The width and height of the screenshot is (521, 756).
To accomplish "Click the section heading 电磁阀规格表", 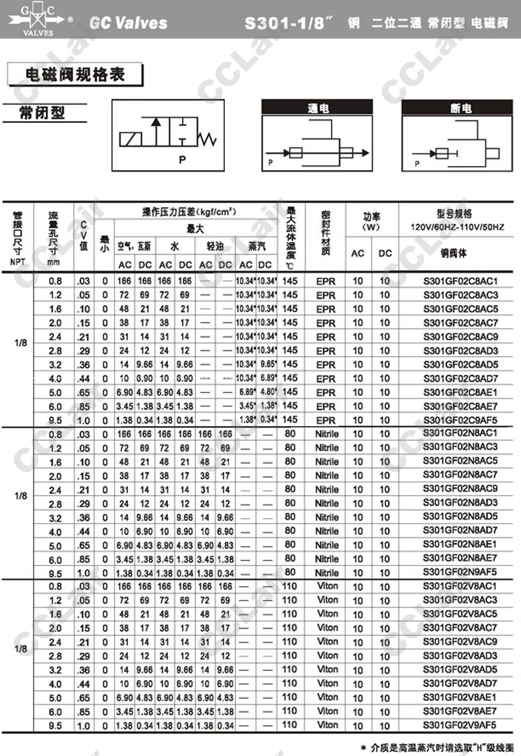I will coord(75,74).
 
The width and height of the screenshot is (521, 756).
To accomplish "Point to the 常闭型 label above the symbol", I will coord(43,112).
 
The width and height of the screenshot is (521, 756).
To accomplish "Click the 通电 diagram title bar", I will coord(316,108).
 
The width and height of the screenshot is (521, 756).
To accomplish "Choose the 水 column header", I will coord(174,247).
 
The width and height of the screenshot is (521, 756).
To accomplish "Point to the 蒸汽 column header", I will coord(256,247).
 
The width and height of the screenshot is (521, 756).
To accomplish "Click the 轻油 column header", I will coord(215,247).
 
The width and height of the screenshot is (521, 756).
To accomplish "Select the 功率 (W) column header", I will coord(371,221).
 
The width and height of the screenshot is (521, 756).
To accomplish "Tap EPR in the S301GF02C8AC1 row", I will coord(326,281).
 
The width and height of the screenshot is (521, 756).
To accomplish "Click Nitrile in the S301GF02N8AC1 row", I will coord(327,433).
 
